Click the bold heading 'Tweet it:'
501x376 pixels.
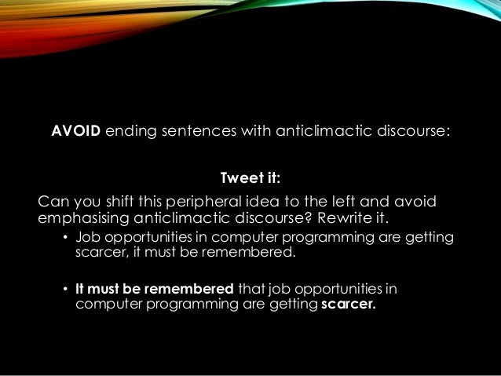(250, 176)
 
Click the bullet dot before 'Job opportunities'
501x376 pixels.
(66, 239)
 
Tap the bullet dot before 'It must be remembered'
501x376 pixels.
(66, 289)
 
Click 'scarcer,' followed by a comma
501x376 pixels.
(103, 254)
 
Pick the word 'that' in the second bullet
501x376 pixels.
(251, 288)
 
